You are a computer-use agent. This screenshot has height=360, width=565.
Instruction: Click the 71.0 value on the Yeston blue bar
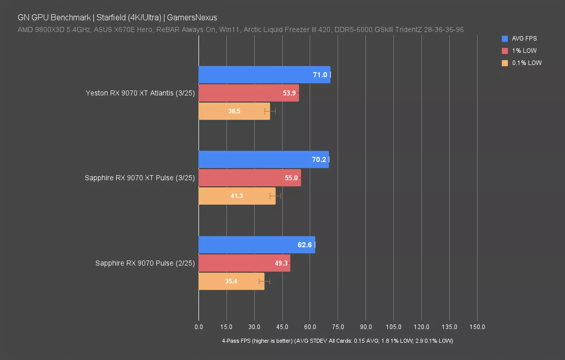tap(320, 75)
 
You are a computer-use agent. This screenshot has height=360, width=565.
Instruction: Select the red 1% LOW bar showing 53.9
tap(248, 93)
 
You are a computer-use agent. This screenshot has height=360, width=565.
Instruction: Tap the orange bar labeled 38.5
tap(234, 111)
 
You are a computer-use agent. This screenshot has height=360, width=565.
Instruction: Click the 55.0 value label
tap(291, 178)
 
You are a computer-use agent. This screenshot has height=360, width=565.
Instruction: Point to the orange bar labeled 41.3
tap(237, 196)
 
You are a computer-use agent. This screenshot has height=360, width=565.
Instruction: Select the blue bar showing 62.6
tap(256, 245)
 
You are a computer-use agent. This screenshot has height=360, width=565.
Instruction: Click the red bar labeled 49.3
tap(244, 263)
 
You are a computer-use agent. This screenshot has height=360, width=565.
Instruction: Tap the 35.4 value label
tap(231, 281)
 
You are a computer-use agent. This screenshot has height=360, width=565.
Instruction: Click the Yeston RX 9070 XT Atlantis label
tap(140, 93)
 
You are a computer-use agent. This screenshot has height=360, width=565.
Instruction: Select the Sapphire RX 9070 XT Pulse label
tap(140, 178)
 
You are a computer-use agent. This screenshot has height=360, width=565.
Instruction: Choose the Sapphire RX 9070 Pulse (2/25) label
tap(145, 263)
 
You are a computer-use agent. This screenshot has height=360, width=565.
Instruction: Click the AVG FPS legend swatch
tap(505, 39)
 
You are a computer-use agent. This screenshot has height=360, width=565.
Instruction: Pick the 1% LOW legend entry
tap(524, 51)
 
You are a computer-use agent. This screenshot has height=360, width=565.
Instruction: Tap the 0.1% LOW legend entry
tap(527, 63)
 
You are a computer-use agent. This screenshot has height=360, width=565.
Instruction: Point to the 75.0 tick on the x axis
tap(338, 327)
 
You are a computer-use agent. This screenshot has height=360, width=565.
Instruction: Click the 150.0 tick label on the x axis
tap(477, 327)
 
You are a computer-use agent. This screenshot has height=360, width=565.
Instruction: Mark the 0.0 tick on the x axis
tap(199, 327)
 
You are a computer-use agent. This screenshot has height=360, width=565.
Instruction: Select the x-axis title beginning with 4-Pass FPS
tap(337, 341)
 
